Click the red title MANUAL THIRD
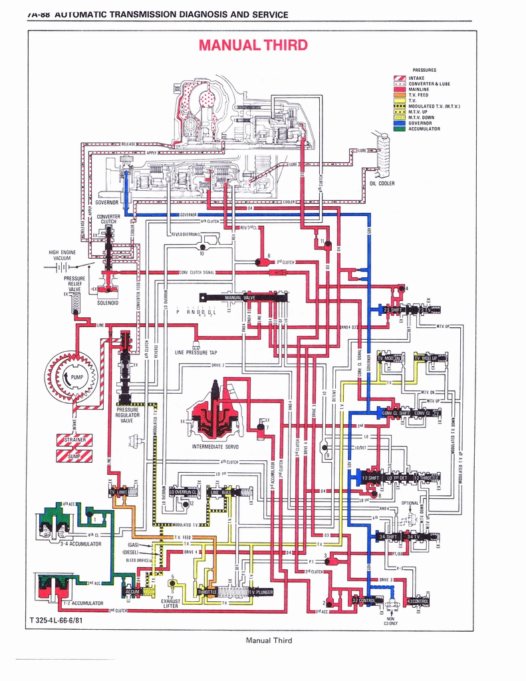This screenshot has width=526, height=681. coord(252,45)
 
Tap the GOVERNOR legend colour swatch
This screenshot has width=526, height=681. coord(400,123)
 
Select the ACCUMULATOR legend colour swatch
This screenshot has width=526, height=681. coord(400,129)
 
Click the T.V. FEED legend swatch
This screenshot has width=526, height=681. coord(400,94)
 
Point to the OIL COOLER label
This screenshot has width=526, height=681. coord(382,184)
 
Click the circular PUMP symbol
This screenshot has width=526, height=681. coord(71,378)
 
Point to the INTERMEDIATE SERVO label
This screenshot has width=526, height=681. coord(215,447)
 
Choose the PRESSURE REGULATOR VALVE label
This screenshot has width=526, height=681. coord(127,415)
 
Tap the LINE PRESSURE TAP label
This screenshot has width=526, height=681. coord(196,352)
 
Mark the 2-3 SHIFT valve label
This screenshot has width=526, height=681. coord(391,310)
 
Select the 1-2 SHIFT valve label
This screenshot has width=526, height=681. coord(370,478)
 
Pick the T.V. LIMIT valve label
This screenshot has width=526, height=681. coord(118,492)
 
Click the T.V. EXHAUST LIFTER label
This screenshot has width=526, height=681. coord(171,601)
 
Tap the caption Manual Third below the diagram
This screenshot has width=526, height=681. coord(269,640)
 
